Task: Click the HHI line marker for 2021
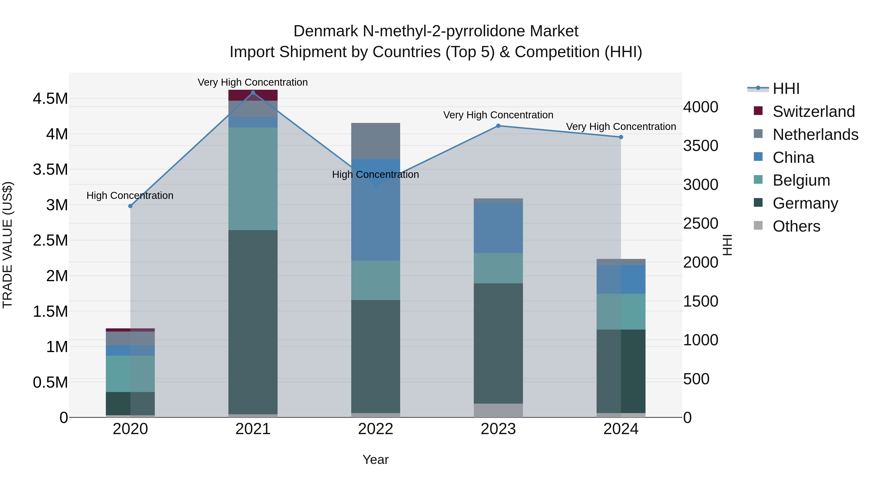253,93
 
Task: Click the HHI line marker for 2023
498,126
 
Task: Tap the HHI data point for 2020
130,206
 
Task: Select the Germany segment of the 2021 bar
253,321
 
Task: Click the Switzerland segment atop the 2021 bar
253,95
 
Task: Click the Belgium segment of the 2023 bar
498,268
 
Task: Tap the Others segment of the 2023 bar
498,410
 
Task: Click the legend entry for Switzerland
813,112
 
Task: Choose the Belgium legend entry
801,180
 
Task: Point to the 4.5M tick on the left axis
50,99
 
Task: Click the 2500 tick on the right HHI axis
700,224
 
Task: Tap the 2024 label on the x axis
621,429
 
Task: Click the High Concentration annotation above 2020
130,196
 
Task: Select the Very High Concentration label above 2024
621,127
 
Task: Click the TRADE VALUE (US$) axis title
8,245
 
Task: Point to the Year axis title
375,460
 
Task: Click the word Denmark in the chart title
325,31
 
